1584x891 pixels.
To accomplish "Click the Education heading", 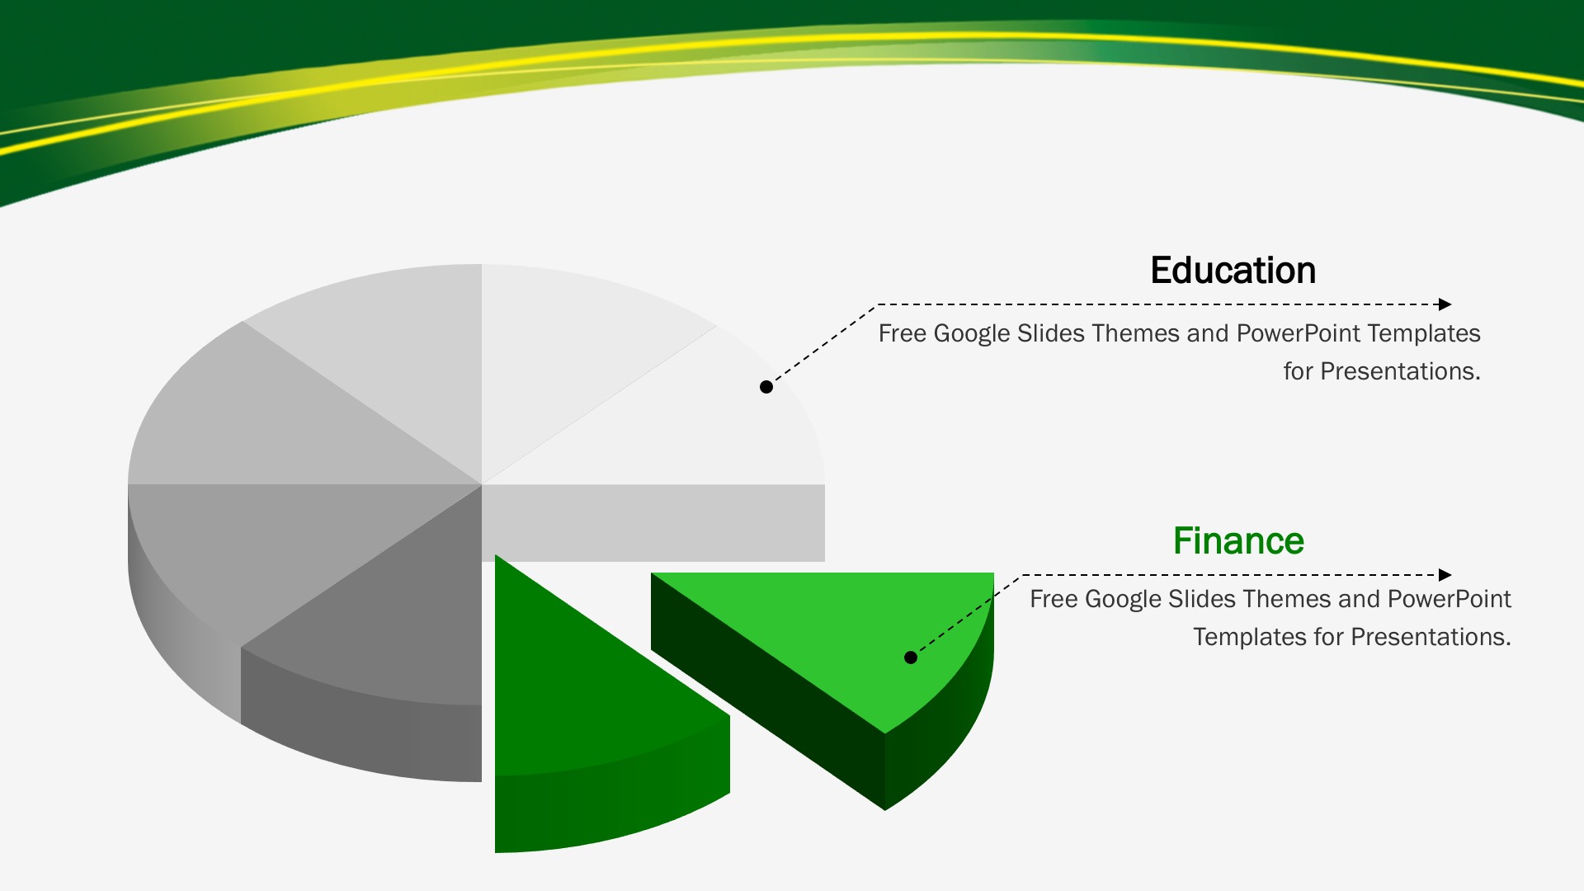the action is pyautogui.click(x=1233, y=271).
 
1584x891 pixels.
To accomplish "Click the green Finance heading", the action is pyautogui.click(x=1238, y=541).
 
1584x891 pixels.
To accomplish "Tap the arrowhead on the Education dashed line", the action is pyautogui.click(x=1445, y=304).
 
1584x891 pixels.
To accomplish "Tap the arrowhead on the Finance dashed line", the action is pyautogui.click(x=1445, y=575).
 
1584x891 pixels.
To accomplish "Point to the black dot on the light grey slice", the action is pyautogui.click(x=766, y=387).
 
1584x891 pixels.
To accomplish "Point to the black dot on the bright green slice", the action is pyautogui.click(x=911, y=658).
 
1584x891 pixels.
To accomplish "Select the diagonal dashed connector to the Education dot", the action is pyautogui.click(x=823, y=345).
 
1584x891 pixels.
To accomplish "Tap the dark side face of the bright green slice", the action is pyautogui.click(x=767, y=693).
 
